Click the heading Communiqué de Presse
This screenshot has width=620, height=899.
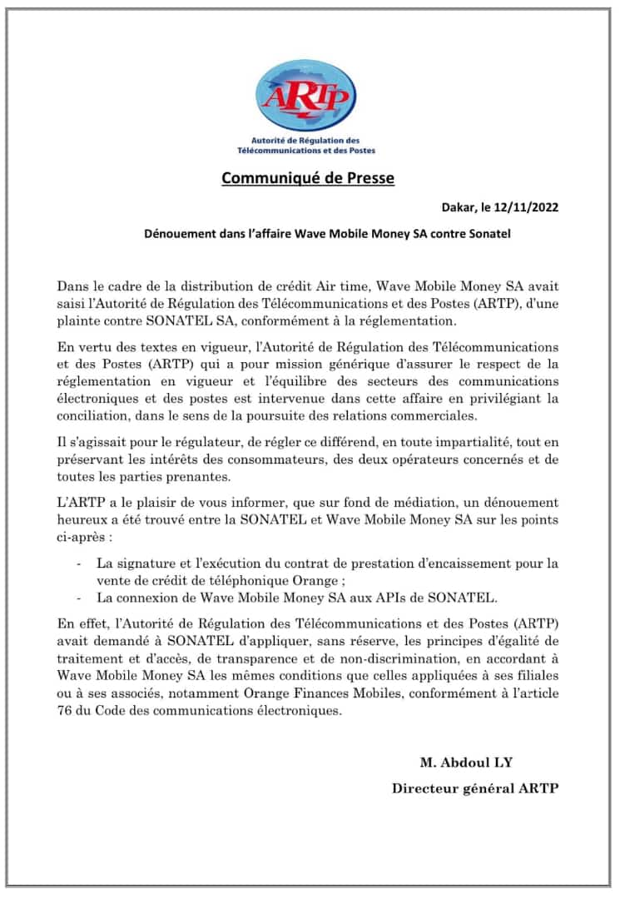[308, 177]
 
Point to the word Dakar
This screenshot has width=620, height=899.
[459, 207]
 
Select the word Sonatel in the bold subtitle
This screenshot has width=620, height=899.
[487, 234]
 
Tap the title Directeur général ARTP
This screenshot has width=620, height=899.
[475, 788]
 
